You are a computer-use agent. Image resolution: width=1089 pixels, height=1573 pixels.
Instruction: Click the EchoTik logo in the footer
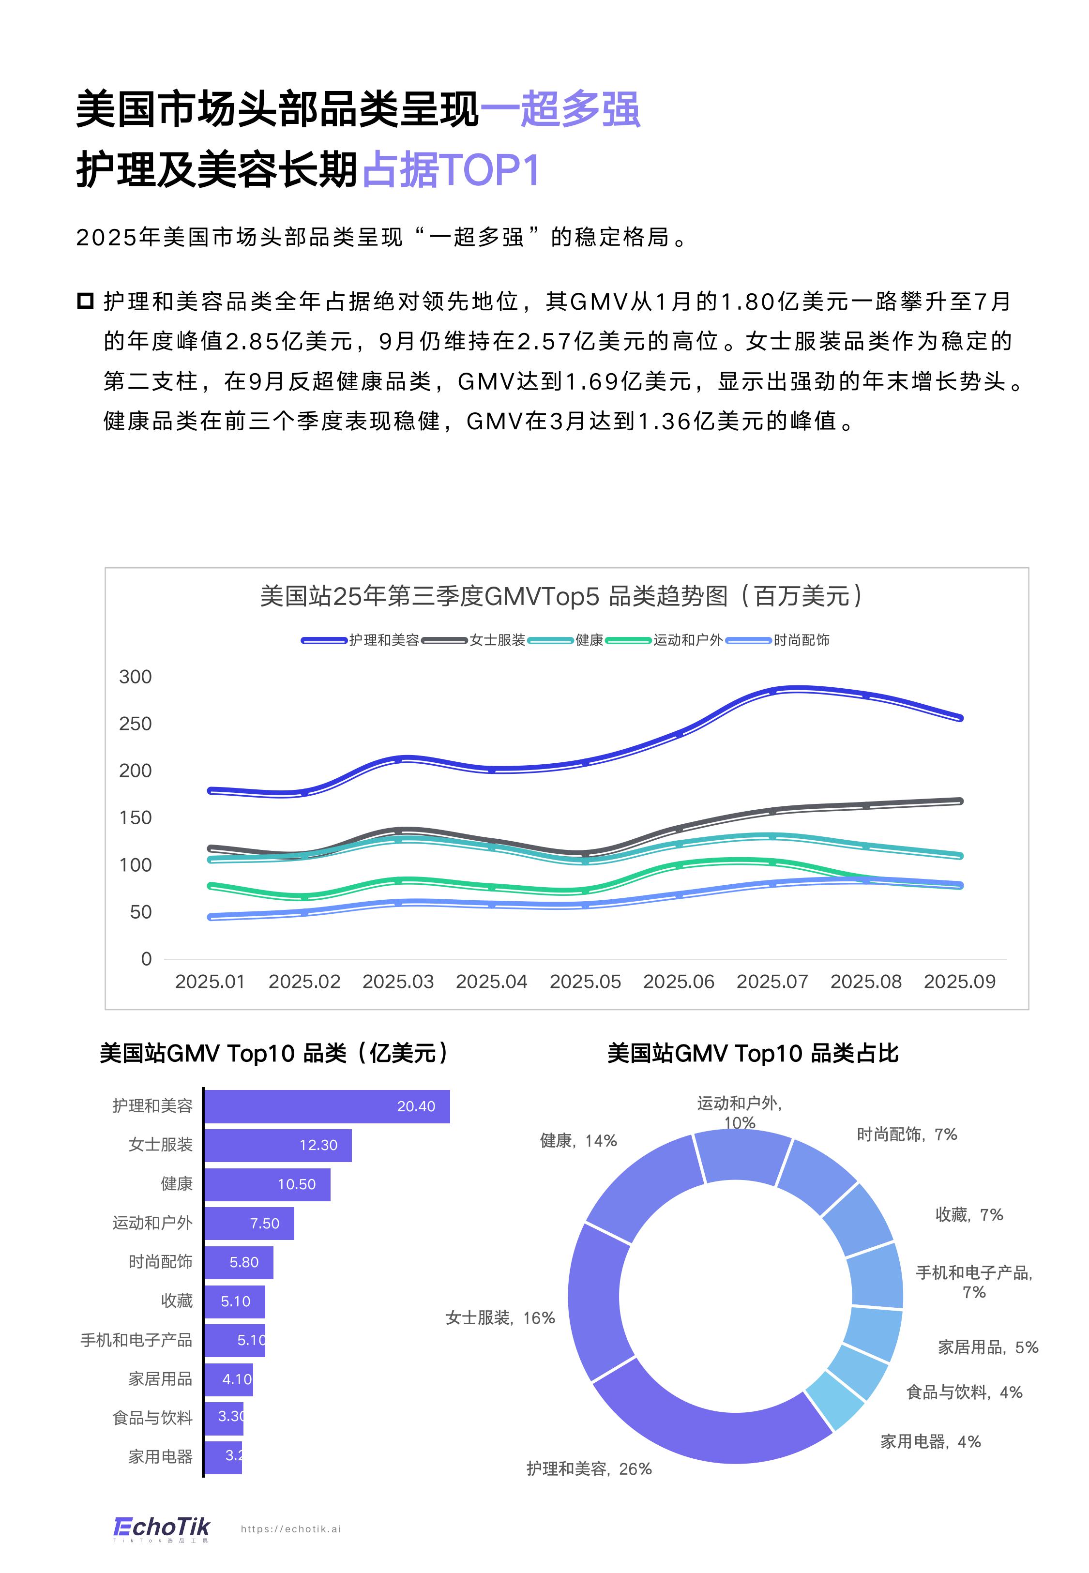coord(162,1528)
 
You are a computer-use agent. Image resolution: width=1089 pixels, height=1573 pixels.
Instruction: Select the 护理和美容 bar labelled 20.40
coord(327,1106)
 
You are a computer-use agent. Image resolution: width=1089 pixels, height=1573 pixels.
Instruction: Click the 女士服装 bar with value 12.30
coord(278,1145)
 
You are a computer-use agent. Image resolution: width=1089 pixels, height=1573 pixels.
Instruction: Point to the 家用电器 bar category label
coord(160,1457)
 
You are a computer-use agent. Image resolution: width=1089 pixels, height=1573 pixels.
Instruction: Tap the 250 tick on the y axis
coord(135,724)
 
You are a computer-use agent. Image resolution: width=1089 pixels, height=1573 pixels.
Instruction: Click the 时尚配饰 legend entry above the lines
coord(801,640)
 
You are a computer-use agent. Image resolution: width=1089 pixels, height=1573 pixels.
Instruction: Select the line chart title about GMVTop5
coord(561,596)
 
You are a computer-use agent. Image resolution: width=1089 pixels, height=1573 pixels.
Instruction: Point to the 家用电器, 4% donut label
coord(930,1441)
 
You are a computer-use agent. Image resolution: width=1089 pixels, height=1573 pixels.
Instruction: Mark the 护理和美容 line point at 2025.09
coord(959,718)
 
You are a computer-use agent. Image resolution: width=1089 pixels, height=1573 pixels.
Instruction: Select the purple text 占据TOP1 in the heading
coord(452,170)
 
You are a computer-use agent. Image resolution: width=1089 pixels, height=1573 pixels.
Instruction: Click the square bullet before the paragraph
coord(85,301)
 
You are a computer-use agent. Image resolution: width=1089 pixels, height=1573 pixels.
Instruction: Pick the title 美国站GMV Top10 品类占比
coord(753,1053)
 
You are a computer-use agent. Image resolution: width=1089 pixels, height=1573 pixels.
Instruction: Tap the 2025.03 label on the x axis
coord(398,982)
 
